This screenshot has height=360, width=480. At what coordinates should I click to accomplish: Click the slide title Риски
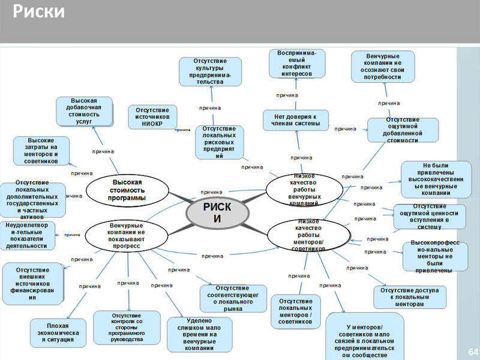40,12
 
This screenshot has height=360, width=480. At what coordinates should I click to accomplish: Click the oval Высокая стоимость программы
128,190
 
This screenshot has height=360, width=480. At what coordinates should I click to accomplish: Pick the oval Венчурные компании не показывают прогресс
126,236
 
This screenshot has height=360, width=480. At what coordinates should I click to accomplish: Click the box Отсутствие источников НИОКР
152,117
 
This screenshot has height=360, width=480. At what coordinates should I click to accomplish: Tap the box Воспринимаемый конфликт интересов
297,64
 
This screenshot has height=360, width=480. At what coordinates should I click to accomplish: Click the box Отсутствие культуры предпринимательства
210,71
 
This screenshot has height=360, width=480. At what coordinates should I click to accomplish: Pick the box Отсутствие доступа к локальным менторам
410,297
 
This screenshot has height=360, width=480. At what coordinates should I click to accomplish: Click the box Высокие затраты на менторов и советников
41,151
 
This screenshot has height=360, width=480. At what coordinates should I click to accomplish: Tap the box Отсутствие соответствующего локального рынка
233,298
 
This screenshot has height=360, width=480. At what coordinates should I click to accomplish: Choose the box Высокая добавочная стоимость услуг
85,112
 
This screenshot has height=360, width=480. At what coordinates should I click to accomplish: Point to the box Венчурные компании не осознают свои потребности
383,66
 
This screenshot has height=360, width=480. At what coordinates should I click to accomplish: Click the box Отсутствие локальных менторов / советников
295,311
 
